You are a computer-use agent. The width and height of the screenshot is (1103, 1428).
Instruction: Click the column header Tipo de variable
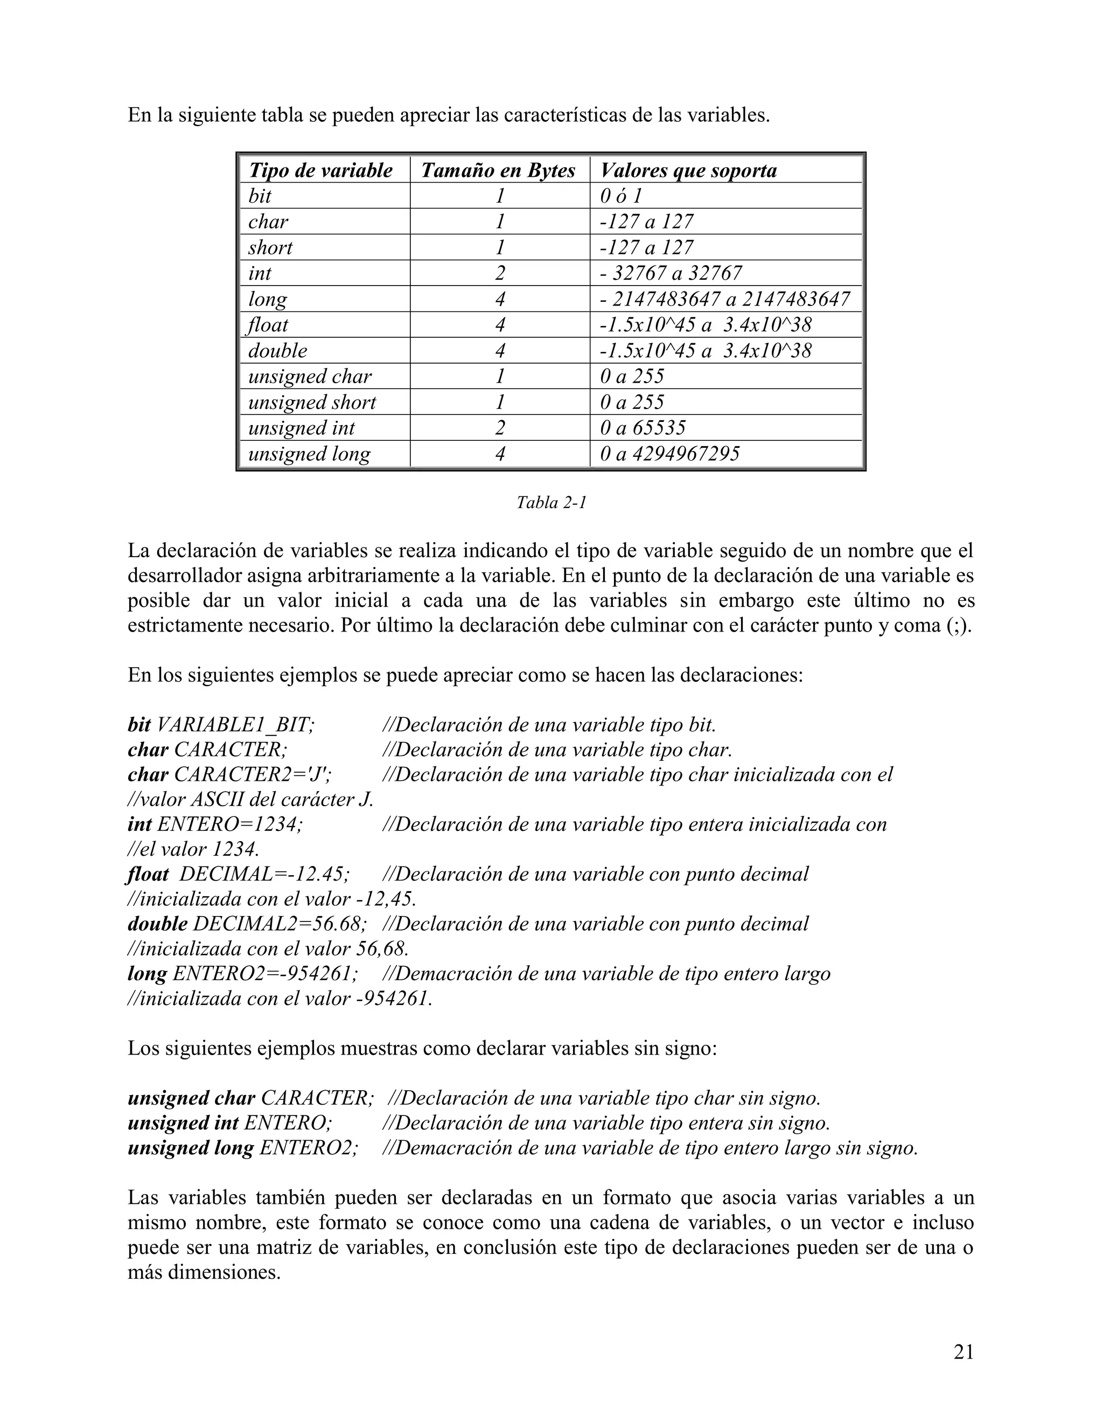coord(320,171)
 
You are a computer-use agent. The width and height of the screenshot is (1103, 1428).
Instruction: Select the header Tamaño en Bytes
coord(498,171)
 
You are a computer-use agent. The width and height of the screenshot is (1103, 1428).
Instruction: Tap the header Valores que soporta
coord(688,171)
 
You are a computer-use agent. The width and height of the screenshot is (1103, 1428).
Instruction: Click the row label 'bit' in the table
coord(260,196)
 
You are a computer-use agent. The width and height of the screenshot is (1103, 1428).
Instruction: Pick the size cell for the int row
coord(500,273)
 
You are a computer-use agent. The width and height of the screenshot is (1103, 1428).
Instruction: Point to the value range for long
coord(724,300)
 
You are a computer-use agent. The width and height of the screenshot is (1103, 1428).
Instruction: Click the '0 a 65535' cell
coord(643,428)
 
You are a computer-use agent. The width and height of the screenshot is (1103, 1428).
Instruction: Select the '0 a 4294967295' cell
coord(669,454)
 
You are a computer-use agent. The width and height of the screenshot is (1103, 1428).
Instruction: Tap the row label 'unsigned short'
coord(312,402)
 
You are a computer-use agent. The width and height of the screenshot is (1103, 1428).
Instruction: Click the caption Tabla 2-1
coord(551,503)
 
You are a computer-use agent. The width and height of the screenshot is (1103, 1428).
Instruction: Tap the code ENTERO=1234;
coord(230,824)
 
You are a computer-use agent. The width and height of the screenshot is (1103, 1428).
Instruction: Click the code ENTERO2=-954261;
coord(264,974)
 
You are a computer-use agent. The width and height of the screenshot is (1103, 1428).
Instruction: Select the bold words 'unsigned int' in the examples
coord(183,1124)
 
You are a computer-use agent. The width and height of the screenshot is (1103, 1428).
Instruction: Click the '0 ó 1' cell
coord(621,196)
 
